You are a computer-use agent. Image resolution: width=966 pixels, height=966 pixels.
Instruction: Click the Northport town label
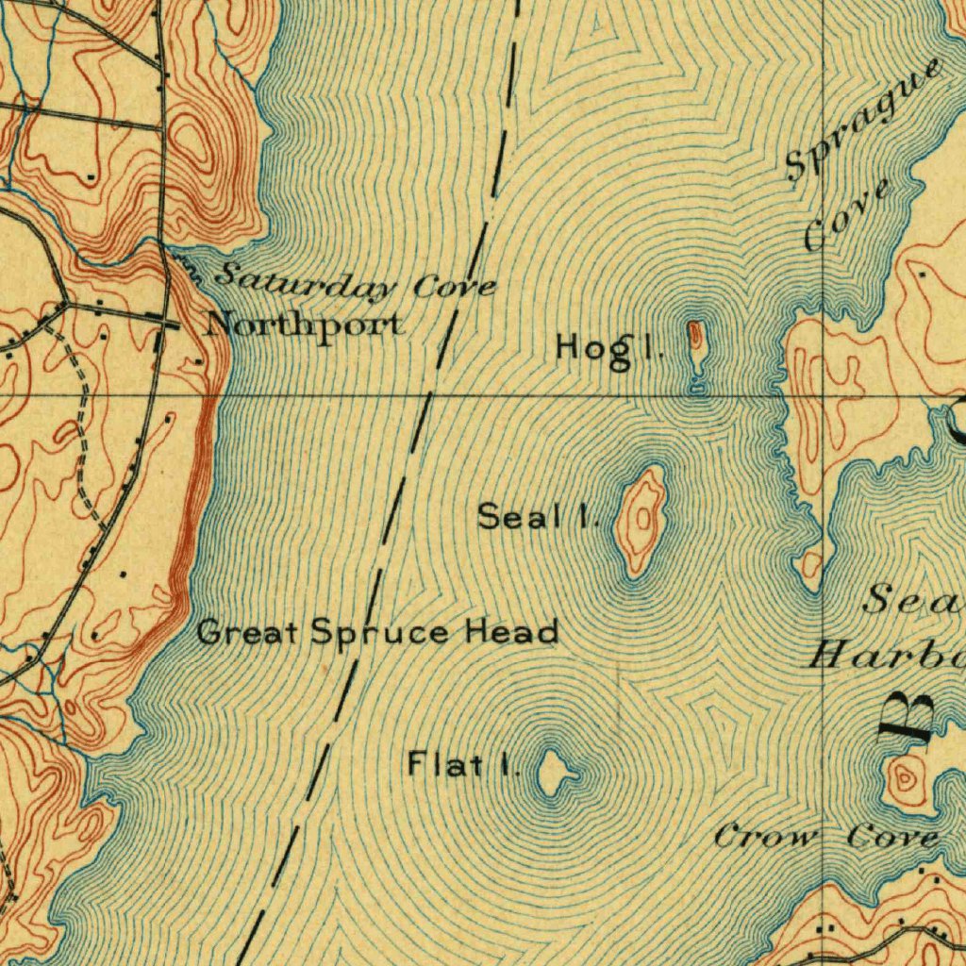click(306, 325)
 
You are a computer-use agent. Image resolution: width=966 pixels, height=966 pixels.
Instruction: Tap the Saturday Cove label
click(357, 281)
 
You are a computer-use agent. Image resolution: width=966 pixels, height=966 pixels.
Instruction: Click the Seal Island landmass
click(641, 519)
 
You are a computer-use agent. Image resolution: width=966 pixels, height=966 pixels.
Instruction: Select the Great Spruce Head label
click(377, 631)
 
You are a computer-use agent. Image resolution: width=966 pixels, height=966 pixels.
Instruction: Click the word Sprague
click(863, 118)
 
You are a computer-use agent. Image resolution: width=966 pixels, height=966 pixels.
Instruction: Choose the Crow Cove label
click(825, 836)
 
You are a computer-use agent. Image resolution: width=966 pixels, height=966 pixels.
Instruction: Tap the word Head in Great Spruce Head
click(511, 631)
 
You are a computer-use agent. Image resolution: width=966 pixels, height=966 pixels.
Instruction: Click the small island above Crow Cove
click(906, 777)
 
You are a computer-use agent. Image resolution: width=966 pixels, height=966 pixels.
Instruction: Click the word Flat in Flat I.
click(438, 764)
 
